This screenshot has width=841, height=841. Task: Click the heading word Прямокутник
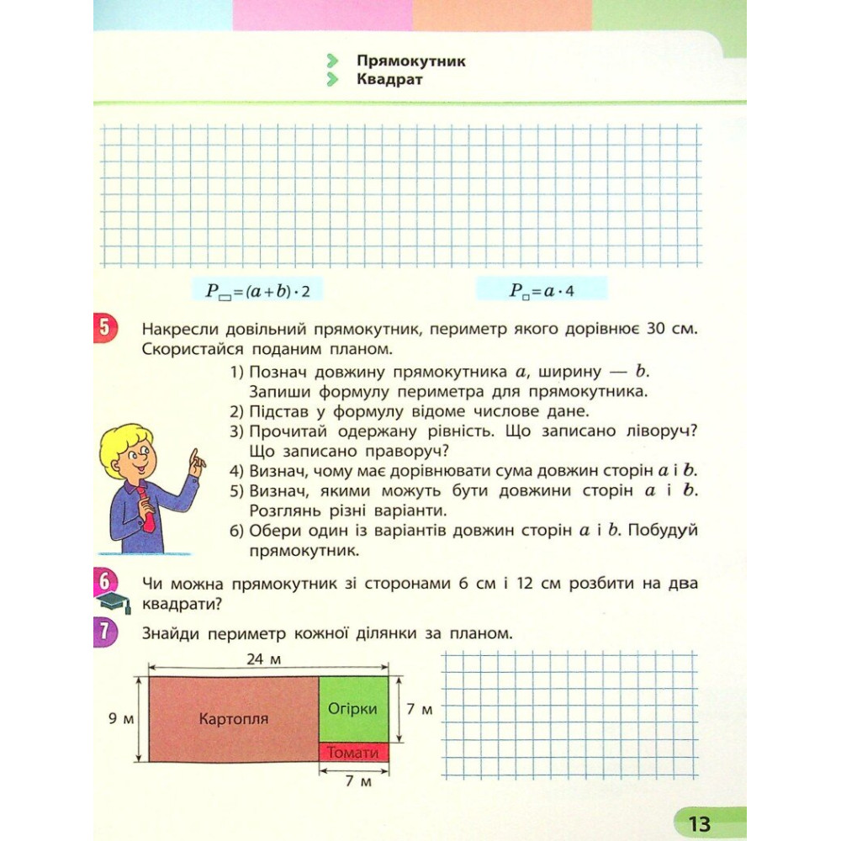pos(410,61)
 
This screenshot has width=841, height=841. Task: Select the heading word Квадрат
pos(389,80)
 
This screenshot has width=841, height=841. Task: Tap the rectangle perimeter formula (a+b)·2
pos(257,292)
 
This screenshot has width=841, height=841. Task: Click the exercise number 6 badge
pos(104,581)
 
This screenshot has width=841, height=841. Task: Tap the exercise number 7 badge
pos(104,632)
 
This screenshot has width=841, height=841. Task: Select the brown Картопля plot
pos(233,718)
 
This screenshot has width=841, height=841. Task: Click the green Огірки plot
pos(353,708)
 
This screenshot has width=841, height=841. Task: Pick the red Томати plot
pos(353,753)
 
